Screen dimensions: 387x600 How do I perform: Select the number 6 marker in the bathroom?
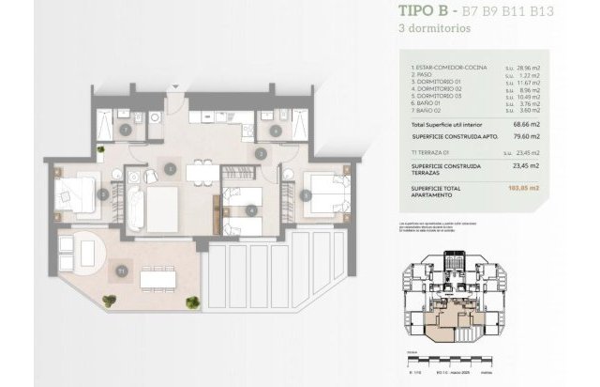click(x=276, y=130)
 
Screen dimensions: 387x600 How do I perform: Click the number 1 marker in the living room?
click(x=170, y=169)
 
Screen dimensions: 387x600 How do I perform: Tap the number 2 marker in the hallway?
click(x=260, y=153)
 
